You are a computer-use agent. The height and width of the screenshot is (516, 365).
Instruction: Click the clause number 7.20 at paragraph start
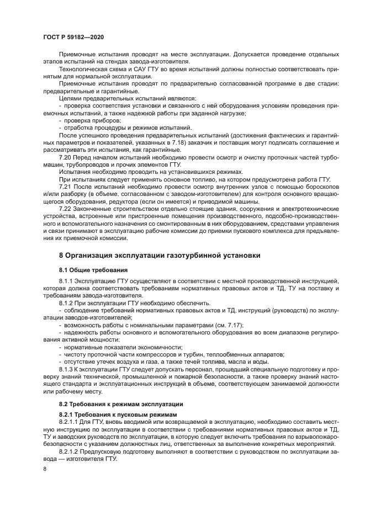65,157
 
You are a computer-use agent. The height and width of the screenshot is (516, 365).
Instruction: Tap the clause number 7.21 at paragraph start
65,187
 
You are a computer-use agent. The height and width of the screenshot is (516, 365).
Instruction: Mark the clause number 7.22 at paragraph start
65,209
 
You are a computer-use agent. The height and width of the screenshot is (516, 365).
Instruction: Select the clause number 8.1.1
67,281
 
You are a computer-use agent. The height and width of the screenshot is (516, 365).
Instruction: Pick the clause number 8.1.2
67,303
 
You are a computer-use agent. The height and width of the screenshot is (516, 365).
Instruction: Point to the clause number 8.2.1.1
70,421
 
